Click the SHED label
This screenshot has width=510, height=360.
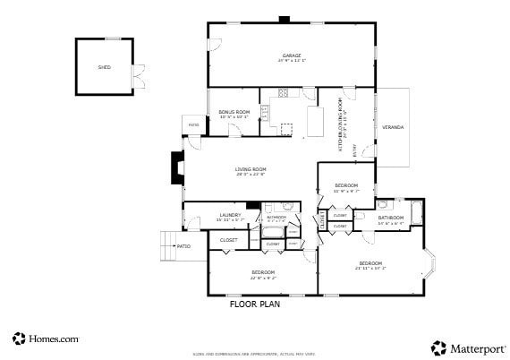104,67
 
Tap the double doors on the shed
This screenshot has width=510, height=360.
138,77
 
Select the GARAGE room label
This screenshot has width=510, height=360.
291,56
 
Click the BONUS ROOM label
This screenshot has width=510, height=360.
234,113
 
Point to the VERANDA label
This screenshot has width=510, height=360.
393,127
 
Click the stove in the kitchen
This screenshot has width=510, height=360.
283,92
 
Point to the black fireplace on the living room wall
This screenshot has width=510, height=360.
177,167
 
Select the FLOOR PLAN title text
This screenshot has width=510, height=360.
255,304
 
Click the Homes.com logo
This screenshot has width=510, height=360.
46,339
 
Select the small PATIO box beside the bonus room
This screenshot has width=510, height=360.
193,124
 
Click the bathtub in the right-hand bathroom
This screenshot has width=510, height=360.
417,214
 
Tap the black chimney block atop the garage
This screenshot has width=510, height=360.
285,19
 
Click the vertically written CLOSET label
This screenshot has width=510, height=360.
321,221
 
